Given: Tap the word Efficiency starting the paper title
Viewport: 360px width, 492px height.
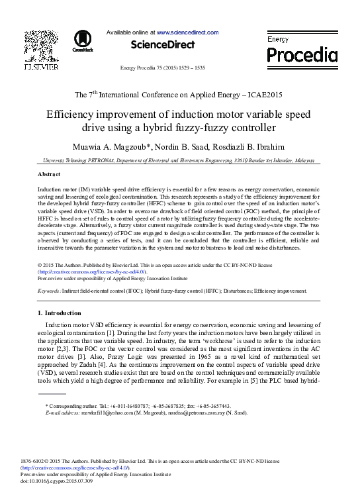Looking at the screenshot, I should [x=72, y=114].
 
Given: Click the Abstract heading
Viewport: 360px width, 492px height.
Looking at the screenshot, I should [x=48, y=173].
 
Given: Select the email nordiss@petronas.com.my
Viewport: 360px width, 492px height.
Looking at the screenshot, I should [x=199, y=413].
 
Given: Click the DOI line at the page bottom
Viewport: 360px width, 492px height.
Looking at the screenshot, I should [x=56, y=479].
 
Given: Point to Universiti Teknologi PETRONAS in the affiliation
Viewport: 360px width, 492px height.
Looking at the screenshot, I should [x=79, y=160].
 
